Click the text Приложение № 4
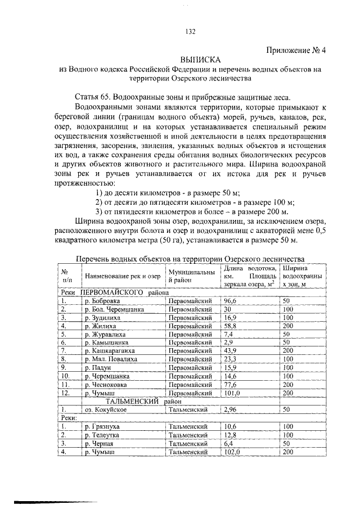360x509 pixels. click(x=296, y=49)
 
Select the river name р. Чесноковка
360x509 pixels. click(x=107, y=385)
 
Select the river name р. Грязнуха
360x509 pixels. click(x=103, y=427)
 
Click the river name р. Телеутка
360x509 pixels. click(x=103, y=435)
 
